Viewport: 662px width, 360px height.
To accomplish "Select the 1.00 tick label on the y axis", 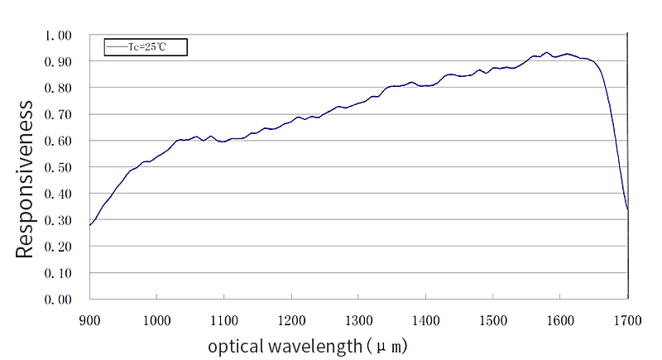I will [x=59, y=36].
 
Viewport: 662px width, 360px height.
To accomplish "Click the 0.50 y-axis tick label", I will [x=59, y=167].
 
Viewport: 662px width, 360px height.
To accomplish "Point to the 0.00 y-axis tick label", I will [x=59, y=299].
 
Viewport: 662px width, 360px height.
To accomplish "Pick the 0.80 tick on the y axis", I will [x=59, y=89].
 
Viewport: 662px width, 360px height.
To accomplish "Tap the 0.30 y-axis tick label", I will [x=59, y=220].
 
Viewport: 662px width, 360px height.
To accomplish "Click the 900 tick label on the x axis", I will [x=89, y=319].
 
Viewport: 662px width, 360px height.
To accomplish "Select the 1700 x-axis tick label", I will [x=627, y=319].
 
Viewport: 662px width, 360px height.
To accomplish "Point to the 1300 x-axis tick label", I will [x=358, y=319].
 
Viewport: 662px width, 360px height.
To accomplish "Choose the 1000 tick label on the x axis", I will [x=156, y=319].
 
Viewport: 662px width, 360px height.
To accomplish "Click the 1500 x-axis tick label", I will [x=492, y=319].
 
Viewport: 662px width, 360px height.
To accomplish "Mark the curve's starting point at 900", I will [x=90, y=225].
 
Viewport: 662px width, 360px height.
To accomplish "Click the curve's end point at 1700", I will [x=627, y=209].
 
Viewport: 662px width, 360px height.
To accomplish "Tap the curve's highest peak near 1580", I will [x=546, y=52].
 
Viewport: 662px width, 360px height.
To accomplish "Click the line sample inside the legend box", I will [x=116, y=47].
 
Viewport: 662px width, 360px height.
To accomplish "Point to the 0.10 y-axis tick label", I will [x=59, y=272].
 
